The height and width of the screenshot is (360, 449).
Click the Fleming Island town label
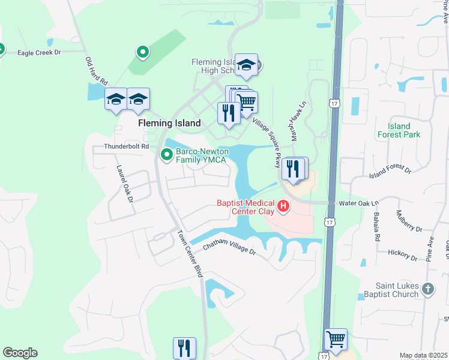(x=169, y=123)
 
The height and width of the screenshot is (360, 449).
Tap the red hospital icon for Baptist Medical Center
(x=283, y=208)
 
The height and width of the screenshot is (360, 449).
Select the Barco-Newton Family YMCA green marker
(x=166, y=155)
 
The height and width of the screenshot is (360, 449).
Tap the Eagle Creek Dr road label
(x=40, y=53)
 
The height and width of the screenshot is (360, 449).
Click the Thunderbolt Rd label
(x=126, y=146)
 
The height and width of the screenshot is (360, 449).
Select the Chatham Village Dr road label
(x=229, y=248)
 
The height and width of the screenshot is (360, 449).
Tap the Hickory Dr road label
(x=402, y=256)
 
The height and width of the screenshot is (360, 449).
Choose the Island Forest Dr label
(x=390, y=172)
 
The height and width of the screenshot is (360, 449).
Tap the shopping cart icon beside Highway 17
(x=336, y=340)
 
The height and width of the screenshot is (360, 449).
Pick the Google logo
(x=20, y=353)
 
